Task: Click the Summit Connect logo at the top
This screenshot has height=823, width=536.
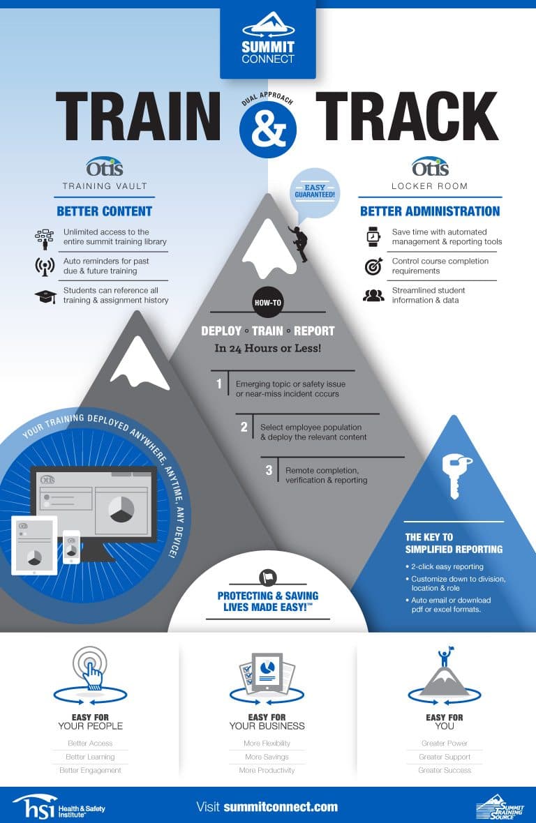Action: pos(268,39)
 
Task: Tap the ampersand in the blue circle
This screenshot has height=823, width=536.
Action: pos(268,130)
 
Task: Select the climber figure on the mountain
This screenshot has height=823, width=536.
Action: pos(299,243)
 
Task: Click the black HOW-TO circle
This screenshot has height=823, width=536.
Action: pos(268,302)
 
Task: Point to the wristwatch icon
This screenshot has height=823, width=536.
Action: pos(373,236)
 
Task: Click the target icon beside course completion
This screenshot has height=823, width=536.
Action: pos(373,266)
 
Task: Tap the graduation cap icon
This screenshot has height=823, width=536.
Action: pos(45,297)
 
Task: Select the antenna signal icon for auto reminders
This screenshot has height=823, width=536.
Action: pos(45,266)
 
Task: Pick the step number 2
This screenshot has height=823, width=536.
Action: pos(244,428)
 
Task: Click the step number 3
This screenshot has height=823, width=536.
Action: pos(269,470)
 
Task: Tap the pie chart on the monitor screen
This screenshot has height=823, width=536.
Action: pos(121,508)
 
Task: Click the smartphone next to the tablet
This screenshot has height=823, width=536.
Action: pos(71,547)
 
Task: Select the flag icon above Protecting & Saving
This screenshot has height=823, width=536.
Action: pos(268,577)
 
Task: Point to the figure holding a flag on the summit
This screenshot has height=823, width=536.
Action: pos(445,656)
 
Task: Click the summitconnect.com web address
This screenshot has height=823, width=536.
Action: pos(281,807)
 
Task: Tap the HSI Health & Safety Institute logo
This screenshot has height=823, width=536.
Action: pos(59,807)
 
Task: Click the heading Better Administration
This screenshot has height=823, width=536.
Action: pos(430,211)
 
